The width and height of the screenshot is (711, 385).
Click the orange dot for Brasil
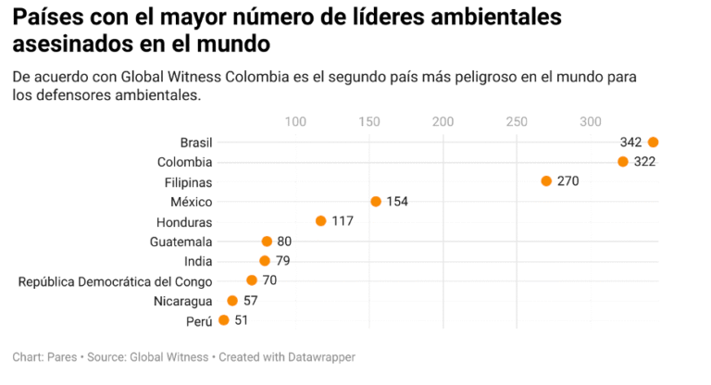[x=653, y=142]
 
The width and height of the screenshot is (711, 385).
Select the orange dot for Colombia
[x=623, y=162]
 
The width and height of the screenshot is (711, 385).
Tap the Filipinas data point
[x=546, y=181]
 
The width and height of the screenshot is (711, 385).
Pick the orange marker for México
[x=376, y=202]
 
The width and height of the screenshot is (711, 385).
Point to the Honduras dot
[x=321, y=221]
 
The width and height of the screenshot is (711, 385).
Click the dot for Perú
[x=223, y=320]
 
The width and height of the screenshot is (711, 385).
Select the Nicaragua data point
[x=232, y=301]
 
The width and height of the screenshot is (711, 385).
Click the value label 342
[x=630, y=142]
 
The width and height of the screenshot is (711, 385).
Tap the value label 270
[x=568, y=181]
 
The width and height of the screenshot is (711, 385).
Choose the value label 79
[x=282, y=261]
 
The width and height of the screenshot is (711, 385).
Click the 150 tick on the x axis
[x=369, y=120]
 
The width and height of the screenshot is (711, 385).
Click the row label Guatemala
[x=181, y=242]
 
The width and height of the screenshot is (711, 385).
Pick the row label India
[x=198, y=261]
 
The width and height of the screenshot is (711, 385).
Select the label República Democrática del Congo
[x=115, y=281]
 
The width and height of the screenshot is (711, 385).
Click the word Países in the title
[x=45, y=18]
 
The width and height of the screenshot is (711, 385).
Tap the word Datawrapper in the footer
[x=320, y=356]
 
